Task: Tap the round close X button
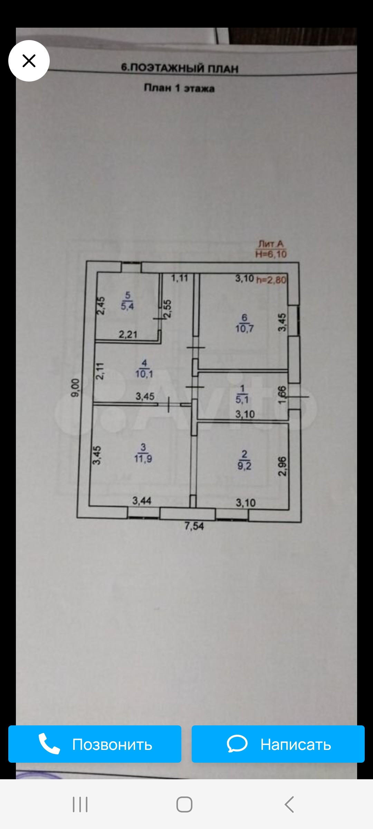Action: coord(29,61)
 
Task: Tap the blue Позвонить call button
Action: coord(95,744)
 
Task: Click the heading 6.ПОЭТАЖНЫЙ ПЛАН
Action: coord(180,68)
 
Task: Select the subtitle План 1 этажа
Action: coord(179,88)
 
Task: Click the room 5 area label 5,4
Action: coord(127,306)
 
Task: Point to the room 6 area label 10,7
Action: coord(245,328)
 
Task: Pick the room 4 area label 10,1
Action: coord(144,374)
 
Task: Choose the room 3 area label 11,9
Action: coord(143,459)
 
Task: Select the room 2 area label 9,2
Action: coord(244,466)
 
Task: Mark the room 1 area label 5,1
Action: coord(242,400)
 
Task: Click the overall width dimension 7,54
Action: coord(194,526)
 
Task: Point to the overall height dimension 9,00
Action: coord(75,388)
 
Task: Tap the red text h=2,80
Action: coord(271,280)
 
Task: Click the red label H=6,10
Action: coord(271,254)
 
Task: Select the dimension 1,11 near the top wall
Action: coord(180,278)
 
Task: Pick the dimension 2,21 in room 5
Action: coord(128,334)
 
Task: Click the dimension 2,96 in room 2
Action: coord(283,466)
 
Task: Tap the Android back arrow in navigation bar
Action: coord(289,804)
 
